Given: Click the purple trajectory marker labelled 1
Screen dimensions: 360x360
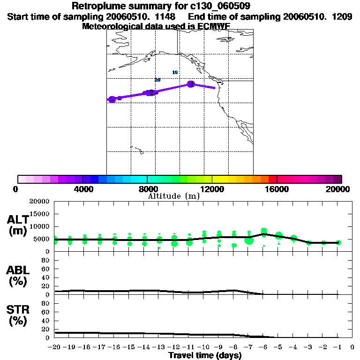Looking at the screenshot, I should pyautogui.click(x=191, y=84).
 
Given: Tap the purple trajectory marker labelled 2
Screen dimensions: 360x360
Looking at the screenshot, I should pyautogui.click(x=150, y=92).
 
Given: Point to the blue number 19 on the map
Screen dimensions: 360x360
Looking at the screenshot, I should pyautogui.click(x=175, y=72).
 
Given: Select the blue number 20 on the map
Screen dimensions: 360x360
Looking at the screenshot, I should pyautogui.click(x=157, y=80).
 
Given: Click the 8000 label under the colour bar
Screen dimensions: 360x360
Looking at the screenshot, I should pyautogui.click(x=147, y=189).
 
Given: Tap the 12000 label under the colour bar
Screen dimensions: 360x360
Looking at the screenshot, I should pyautogui.click(x=212, y=189).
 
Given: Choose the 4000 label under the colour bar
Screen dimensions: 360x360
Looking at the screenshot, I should pyautogui.click(x=82, y=189).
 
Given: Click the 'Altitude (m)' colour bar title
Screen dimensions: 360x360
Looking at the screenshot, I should pyautogui.click(x=174, y=196).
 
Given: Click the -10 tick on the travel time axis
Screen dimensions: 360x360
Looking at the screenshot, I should pyautogui.click(x=204, y=347).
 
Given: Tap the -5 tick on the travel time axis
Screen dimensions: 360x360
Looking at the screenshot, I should pyautogui.click(x=278, y=347).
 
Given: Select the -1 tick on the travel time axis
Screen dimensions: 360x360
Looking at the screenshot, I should pyautogui.click(x=338, y=347).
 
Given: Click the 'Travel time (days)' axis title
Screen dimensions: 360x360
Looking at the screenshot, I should pyautogui.click(x=204, y=355).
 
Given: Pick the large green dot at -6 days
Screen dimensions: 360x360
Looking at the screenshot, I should pyautogui.click(x=264, y=232).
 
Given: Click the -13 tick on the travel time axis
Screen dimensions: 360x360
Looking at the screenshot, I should pyautogui.click(x=159, y=347).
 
